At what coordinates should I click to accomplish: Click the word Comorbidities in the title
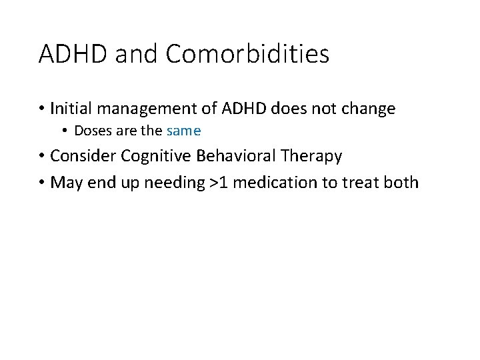pos(247,54)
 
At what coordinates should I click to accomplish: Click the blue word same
pos(183,131)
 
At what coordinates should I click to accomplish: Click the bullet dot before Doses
pos(65,131)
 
